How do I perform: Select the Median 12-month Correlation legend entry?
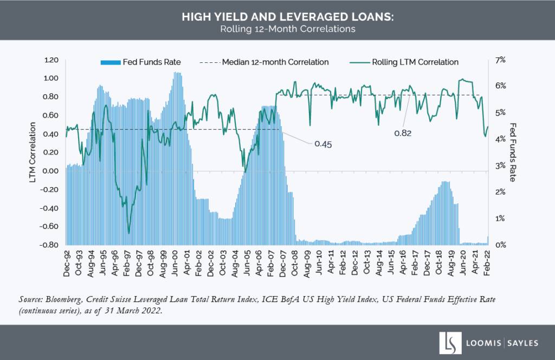pyautogui.click(x=275, y=62)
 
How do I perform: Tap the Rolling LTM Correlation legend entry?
pyautogui.click(x=415, y=62)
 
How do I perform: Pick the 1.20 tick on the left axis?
pyautogui.click(x=50, y=60)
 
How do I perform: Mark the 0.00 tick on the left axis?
pyautogui.click(x=50, y=171)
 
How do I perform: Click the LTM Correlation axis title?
pyautogui.click(x=34, y=152)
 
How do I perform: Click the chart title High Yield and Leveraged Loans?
pyautogui.click(x=277, y=18)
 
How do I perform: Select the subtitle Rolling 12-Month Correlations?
pyautogui.click(x=277, y=29)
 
